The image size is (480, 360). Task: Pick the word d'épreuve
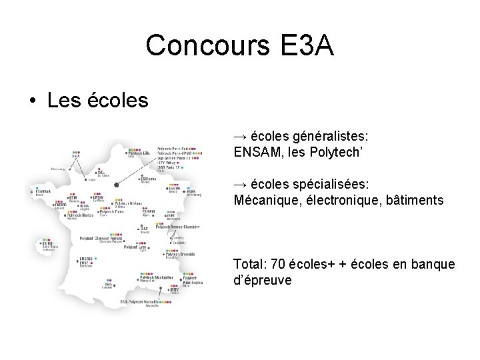pos(263,279)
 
